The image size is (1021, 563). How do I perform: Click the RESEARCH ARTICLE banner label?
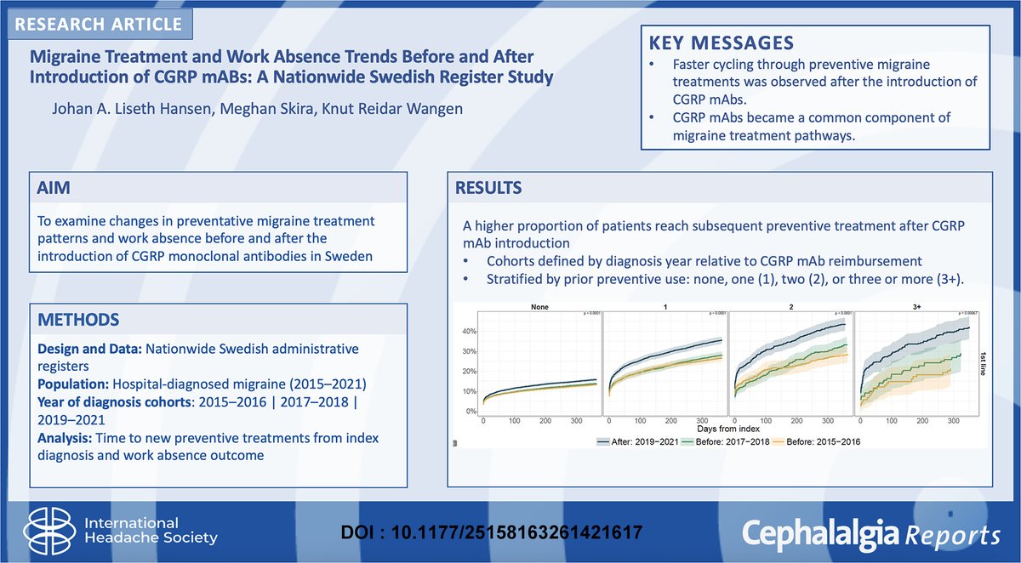tap(99, 23)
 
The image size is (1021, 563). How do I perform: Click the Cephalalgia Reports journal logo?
tap(871, 533)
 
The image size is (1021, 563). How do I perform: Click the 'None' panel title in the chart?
tap(538, 309)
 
